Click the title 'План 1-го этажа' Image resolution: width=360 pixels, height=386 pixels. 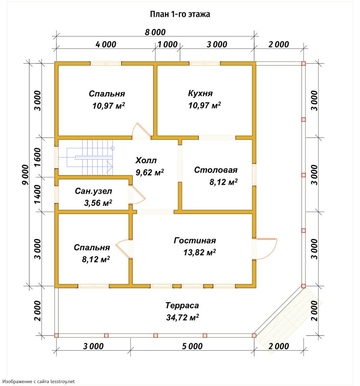180,14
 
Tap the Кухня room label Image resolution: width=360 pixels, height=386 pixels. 200,93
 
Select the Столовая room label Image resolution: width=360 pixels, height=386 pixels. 216,170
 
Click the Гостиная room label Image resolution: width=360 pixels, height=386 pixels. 195,240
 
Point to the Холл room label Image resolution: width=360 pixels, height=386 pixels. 146,160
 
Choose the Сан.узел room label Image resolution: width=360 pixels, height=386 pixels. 94,191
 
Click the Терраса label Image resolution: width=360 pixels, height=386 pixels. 182,306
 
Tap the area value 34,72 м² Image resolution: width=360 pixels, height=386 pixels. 182,317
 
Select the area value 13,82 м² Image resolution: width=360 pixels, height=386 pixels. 200,252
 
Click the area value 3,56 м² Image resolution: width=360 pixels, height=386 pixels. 98,203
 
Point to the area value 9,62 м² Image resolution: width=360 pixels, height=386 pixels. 150,172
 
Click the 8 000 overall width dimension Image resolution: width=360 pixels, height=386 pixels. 155,32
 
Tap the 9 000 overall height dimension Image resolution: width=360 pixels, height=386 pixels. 25,175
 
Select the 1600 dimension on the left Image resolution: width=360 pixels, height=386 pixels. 37,157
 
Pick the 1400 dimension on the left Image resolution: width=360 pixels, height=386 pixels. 37,194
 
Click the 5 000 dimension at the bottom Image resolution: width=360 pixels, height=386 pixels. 192,346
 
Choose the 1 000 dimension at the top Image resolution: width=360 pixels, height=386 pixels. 167,45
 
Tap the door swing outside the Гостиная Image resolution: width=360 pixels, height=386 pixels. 267,249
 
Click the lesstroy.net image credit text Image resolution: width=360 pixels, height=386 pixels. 39,381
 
